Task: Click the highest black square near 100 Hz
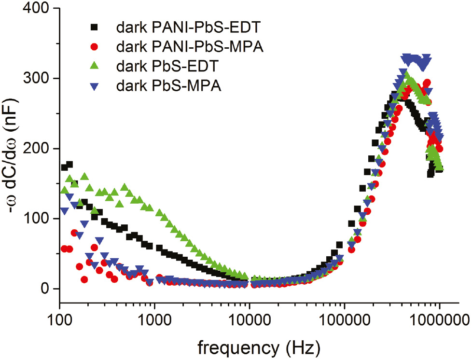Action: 69,165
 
